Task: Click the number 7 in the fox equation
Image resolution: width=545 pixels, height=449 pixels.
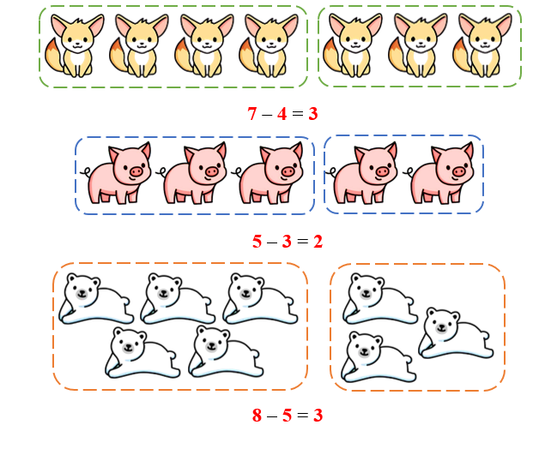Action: (252, 114)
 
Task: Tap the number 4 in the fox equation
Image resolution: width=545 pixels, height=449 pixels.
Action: (282, 114)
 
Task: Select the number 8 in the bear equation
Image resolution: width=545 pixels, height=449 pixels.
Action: (257, 416)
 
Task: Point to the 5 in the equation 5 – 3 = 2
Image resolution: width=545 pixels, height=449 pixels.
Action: (257, 242)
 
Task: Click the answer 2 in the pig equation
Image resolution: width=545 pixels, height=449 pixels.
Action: (318, 242)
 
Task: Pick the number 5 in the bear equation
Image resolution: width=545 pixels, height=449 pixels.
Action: (287, 416)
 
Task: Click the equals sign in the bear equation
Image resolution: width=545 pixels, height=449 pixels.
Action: (302, 416)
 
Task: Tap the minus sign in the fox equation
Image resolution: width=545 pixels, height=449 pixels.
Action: (267, 115)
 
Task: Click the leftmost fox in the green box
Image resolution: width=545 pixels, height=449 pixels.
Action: (74, 45)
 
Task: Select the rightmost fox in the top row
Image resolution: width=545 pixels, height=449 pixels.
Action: (482, 45)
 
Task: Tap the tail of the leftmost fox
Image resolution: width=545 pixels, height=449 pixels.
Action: (54, 56)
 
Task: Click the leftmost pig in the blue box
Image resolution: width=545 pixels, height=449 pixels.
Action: (116, 173)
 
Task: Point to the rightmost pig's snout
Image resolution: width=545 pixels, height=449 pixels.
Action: (459, 171)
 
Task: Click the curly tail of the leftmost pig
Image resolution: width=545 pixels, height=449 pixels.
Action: (86, 171)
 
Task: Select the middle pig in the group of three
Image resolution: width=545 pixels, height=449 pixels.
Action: (192, 173)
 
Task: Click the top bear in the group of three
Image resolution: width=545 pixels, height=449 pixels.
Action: (380, 298)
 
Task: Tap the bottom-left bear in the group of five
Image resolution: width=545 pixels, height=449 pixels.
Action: (142, 352)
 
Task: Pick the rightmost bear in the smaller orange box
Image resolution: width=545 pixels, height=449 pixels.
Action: (456, 332)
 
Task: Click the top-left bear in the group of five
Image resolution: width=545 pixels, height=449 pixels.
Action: (96, 298)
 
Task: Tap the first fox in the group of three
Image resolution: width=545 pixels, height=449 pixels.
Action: (352, 45)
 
